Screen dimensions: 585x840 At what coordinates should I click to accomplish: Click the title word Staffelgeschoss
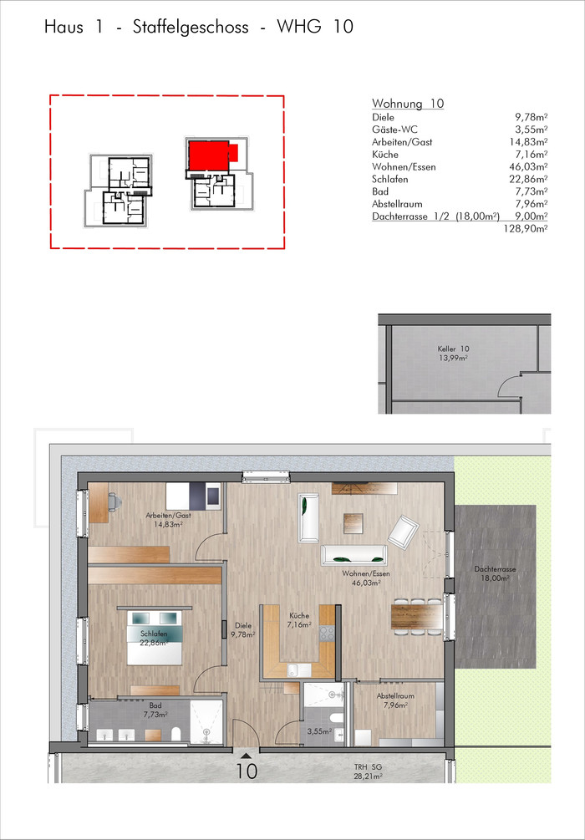point(191,28)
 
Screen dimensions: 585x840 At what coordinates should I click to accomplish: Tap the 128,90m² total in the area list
point(526,229)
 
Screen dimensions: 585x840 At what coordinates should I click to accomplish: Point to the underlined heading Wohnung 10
point(408,104)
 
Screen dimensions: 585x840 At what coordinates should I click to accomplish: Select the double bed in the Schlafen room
point(155,637)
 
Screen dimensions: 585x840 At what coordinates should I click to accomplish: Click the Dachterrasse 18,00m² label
point(494,573)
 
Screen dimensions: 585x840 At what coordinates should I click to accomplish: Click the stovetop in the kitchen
point(327,634)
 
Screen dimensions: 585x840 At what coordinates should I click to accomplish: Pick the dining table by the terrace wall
point(417,616)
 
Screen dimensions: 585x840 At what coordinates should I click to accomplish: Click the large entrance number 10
point(247,771)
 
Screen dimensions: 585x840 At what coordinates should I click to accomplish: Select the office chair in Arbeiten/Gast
point(115,501)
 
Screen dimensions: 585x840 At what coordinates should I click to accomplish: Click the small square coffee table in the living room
point(354,522)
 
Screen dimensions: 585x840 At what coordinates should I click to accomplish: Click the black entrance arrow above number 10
point(246,756)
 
